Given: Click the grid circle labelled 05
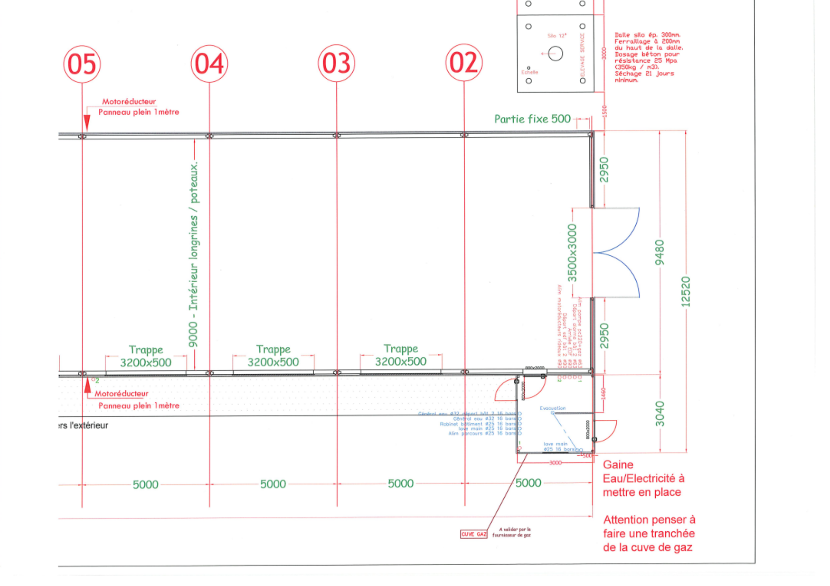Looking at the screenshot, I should [x=82, y=64].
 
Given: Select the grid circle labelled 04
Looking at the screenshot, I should [x=209, y=64].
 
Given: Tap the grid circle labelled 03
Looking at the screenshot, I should [x=337, y=63].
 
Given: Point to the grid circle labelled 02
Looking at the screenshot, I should [x=464, y=63].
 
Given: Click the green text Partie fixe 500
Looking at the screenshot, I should [x=532, y=119].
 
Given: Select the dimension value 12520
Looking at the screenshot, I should [x=686, y=292].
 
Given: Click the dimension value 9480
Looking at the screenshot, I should [x=659, y=252].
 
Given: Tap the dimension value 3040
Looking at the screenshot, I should [x=659, y=414].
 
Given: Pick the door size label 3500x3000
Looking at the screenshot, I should [x=572, y=253].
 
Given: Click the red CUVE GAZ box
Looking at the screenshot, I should [x=474, y=534].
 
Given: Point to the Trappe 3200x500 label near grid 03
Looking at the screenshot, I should [x=400, y=355].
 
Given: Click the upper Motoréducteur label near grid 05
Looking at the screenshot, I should [x=129, y=102].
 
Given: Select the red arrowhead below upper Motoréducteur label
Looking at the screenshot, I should [x=87, y=122].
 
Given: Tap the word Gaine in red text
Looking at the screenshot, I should [x=618, y=465].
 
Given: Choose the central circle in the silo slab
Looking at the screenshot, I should [x=555, y=53].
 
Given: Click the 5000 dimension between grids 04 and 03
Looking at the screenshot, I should [x=273, y=484].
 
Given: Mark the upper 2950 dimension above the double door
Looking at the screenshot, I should [x=604, y=170].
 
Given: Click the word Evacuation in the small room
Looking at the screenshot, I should [x=552, y=408].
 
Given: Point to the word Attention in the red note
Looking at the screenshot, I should [x=625, y=520].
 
